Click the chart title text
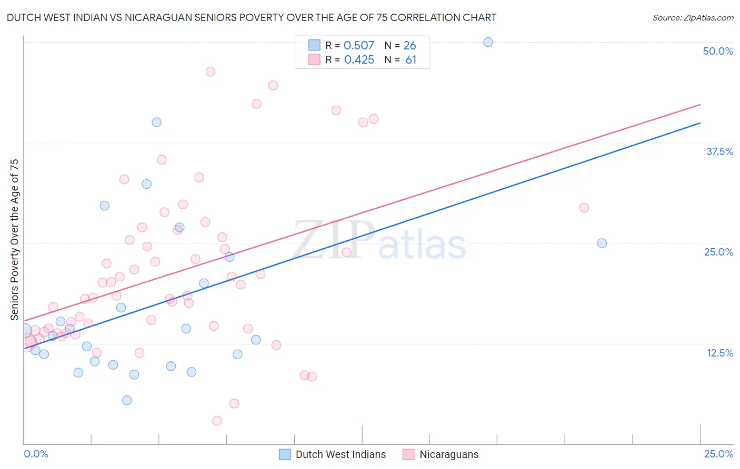point(252,17)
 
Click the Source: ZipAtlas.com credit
point(693,17)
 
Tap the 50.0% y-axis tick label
point(718,51)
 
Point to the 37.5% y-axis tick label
point(719,151)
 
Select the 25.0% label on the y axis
point(718,252)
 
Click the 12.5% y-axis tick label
point(719,353)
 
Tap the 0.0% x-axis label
point(36,454)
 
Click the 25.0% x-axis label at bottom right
point(718,454)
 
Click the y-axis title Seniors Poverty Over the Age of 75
point(14,239)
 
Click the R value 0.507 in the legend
point(359,45)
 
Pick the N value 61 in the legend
point(411,60)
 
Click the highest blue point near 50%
point(488,42)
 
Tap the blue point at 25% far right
point(602,243)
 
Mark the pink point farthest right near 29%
point(584,208)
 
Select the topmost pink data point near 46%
point(211,72)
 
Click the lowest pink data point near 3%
point(217,421)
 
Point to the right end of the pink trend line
point(700,105)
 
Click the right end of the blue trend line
point(700,123)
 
